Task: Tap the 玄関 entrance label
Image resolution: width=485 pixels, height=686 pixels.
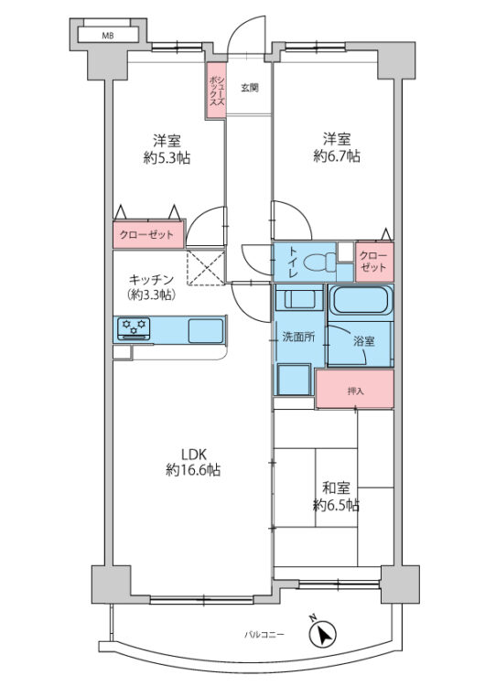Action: [x=249, y=89]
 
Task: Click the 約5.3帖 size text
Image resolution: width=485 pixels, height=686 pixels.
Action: [x=166, y=156]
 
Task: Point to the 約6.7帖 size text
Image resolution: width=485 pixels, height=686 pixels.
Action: [x=336, y=156]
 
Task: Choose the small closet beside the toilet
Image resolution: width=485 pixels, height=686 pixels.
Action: [x=372, y=262]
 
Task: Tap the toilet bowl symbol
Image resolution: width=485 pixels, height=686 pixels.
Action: [x=317, y=263]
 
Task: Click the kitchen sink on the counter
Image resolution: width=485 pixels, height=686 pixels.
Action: [x=205, y=329]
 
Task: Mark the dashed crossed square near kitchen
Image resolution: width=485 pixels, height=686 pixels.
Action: [x=206, y=266]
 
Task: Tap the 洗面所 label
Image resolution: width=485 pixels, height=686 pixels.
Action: [x=297, y=337]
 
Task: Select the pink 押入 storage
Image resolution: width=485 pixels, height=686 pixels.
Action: [x=354, y=390]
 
